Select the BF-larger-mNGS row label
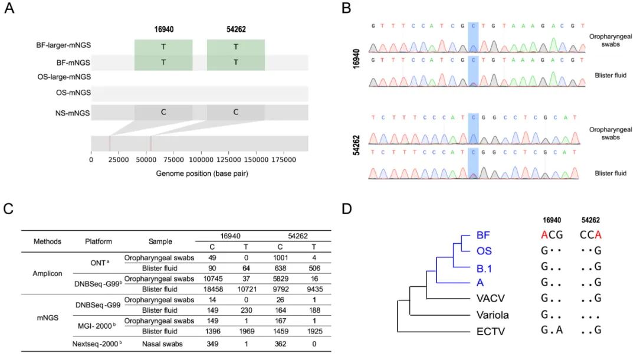coord(62,44)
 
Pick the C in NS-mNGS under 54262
coord(235,112)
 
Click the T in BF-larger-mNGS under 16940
coord(163,47)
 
